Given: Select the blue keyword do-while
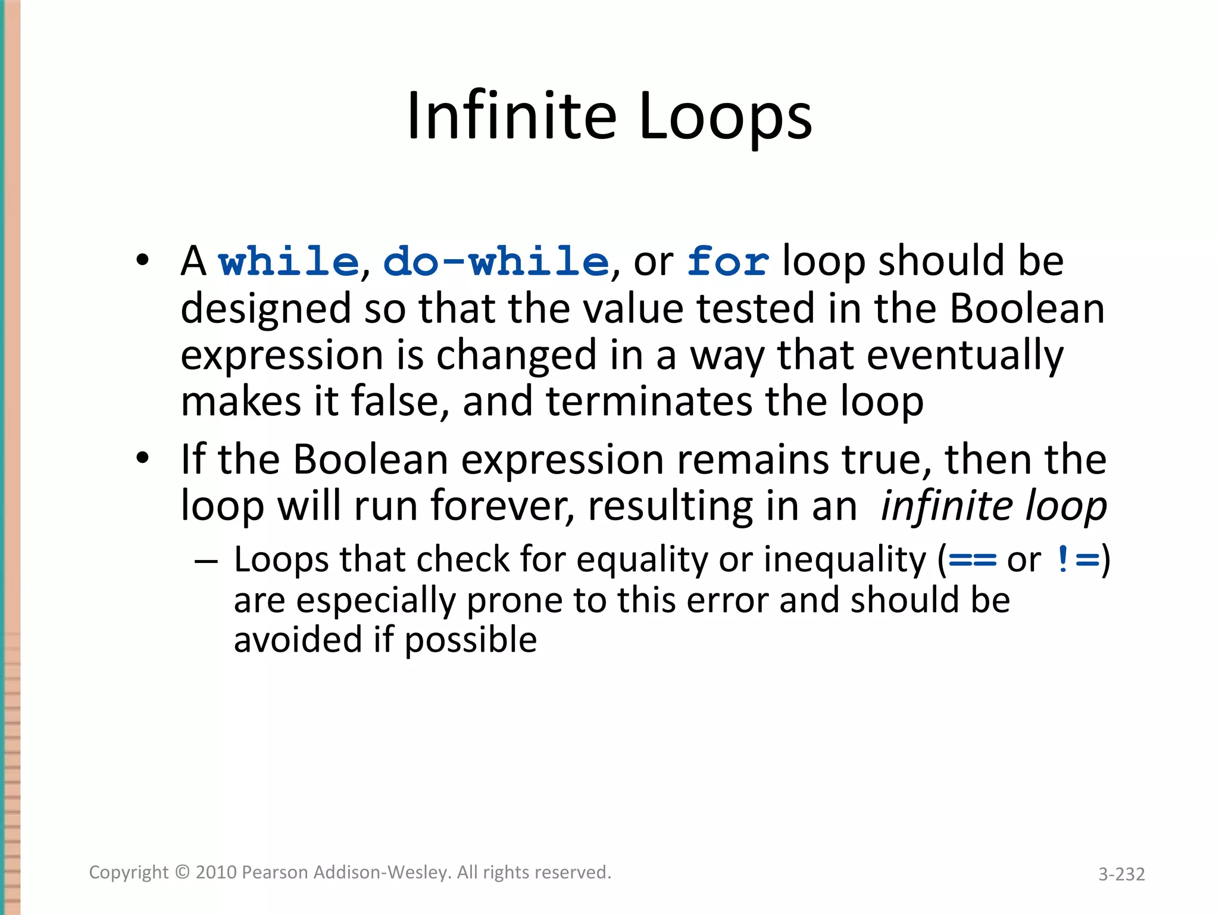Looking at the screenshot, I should (x=496, y=262).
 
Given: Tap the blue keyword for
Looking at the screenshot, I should (x=727, y=262).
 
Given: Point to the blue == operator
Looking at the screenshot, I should (x=972, y=561).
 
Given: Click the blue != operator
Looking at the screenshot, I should (x=1077, y=561).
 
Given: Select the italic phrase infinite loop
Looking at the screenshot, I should (x=993, y=506).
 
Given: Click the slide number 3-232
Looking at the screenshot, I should (x=1121, y=874).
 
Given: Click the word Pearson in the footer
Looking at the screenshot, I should (x=275, y=872).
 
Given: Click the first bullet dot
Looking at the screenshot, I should (x=142, y=260).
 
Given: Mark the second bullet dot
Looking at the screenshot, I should (x=142, y=458).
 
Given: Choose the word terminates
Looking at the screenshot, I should (x=649, y=401).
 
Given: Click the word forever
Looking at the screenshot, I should (x=502, y=506).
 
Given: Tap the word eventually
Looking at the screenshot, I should (x=965, y=355).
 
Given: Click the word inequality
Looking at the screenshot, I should (x=845, y=561).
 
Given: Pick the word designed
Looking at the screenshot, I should (x=266, y=309).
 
